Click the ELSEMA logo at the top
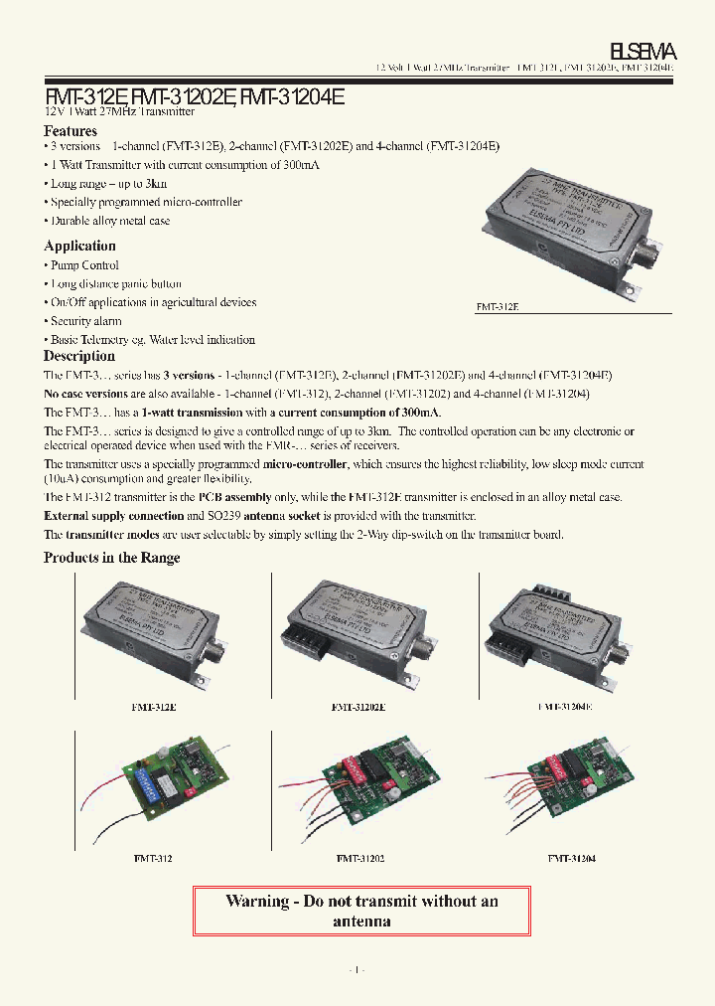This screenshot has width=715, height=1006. coord(643,51)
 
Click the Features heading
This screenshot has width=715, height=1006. coord(71,131)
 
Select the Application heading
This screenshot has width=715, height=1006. coord(79,246)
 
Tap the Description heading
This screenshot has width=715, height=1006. coord(78,356)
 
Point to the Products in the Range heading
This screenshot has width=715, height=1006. coord(112,558)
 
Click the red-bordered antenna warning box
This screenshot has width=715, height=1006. coord(361,911)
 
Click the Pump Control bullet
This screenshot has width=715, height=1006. coord(84,265)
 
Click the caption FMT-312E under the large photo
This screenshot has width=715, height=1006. coord(498,307)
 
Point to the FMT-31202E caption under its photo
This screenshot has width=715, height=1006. coord(357,707)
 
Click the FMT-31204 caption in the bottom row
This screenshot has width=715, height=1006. coord(571,857)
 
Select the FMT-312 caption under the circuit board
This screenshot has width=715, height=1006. coord(153,857)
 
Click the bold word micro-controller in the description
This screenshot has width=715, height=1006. coord(311,464)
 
